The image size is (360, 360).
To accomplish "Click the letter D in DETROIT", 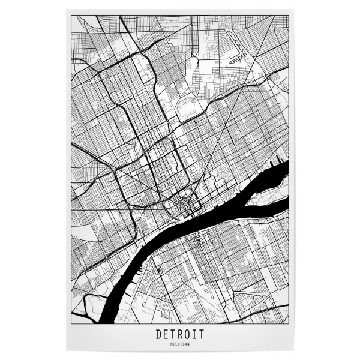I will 157,335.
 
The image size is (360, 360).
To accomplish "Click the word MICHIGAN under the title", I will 179,344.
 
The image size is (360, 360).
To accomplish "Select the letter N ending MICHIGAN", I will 188,344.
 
